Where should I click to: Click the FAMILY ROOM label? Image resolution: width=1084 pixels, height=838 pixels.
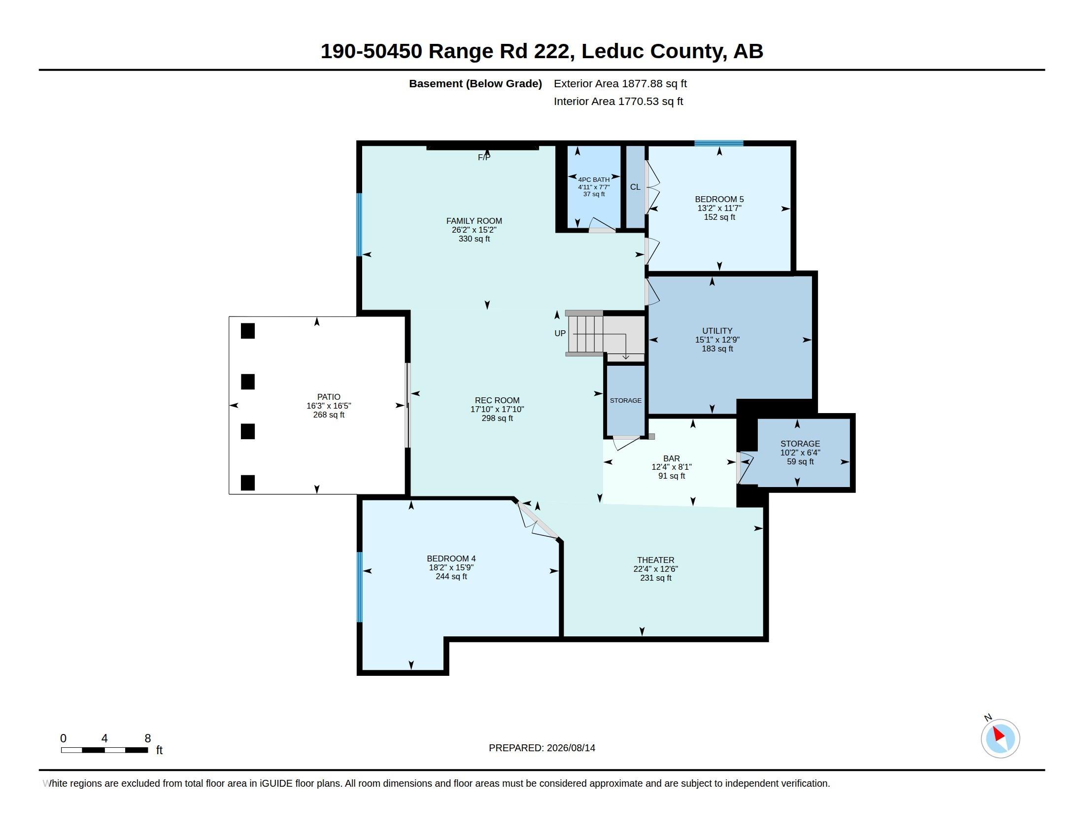(474, 221)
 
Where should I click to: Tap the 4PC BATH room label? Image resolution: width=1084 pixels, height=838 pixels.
(594, 180)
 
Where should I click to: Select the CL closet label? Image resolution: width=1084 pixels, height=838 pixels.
(635, 187)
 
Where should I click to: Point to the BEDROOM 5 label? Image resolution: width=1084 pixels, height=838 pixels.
(719, 199)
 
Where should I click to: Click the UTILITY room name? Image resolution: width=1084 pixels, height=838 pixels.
(717, 331)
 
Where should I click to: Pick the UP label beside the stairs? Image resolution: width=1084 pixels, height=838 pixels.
(560, 334)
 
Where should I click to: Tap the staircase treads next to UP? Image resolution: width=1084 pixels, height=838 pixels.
(586, 334)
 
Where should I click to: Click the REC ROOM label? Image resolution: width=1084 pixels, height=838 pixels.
(497, 400)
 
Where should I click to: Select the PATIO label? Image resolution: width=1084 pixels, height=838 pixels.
(329, 397)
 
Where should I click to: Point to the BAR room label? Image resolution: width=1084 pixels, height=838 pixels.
(672, 458)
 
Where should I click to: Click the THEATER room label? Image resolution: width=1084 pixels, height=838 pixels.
(656, 560)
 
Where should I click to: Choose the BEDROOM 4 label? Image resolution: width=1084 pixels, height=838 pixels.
(451, 559)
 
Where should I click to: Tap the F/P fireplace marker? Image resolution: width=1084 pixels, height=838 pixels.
(484, 157)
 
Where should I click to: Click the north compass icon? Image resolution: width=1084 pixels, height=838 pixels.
(1000, 738)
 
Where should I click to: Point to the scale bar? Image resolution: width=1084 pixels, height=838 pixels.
(104, 750)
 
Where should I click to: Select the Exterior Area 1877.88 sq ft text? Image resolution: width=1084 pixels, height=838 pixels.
(620, 84)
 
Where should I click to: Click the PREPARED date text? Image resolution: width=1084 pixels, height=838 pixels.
(542, 748)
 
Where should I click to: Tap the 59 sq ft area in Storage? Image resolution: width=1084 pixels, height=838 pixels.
(800, 462)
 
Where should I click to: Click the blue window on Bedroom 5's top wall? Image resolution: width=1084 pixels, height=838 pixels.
(719, 143)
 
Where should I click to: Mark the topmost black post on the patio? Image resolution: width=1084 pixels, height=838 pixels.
(248, 331)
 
